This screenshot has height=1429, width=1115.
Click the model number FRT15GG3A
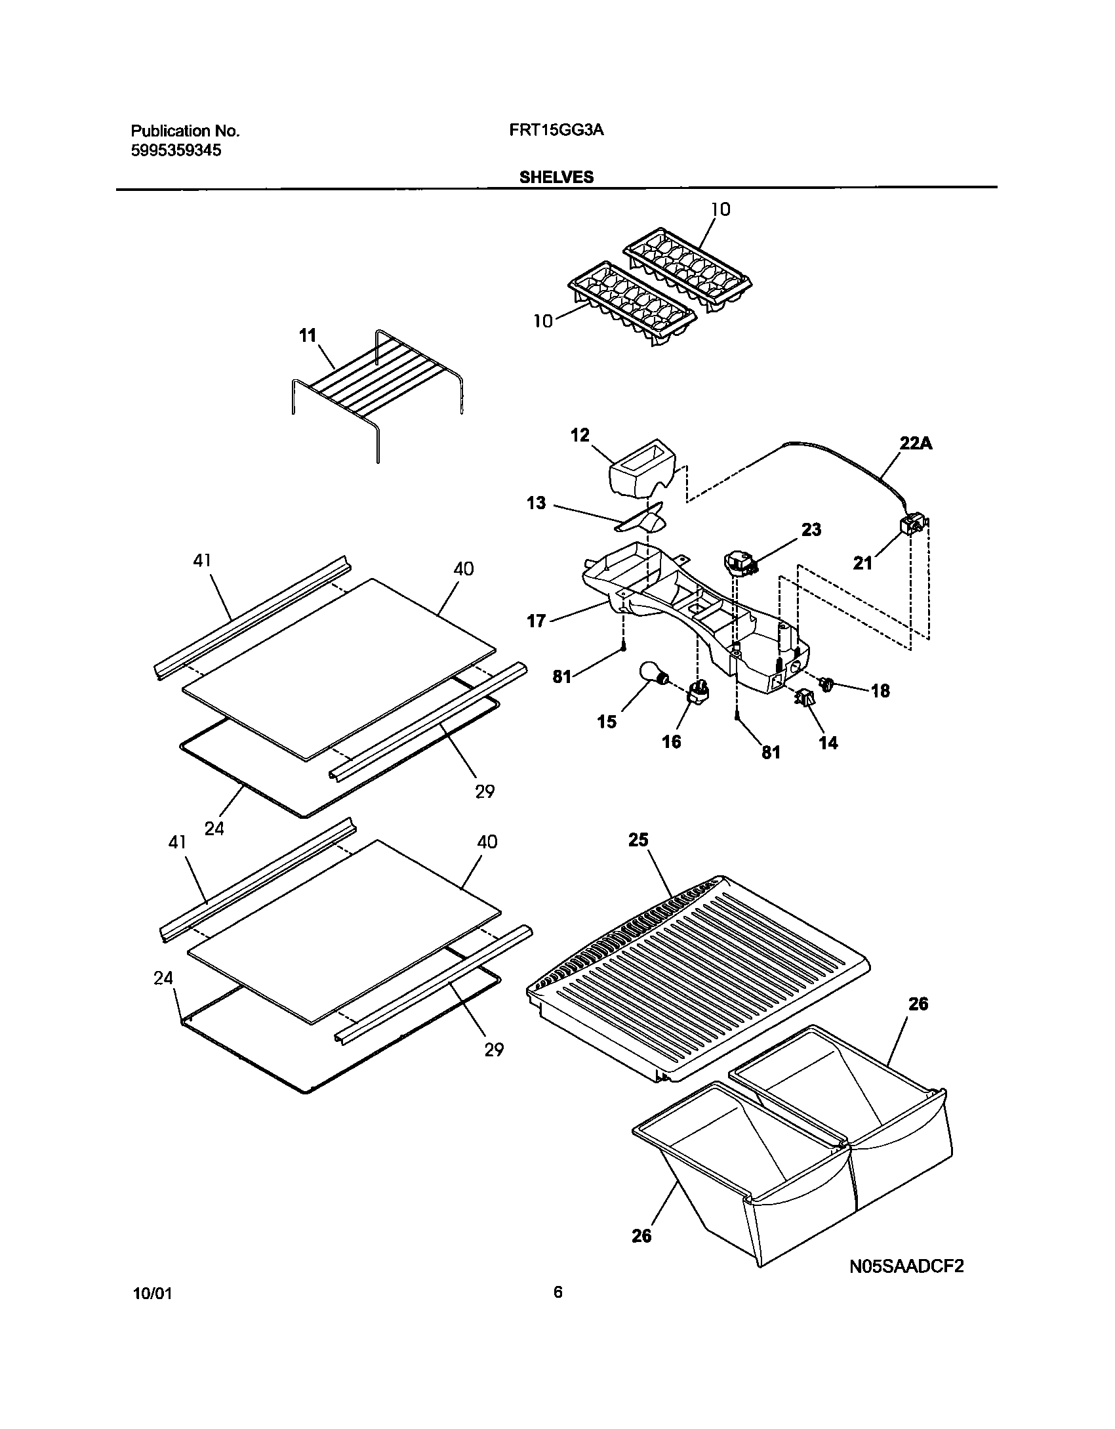click(x=556, y=130)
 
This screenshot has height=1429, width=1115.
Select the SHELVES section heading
click(x=556, y=177)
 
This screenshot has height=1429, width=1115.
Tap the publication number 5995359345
click(x=176, y=150)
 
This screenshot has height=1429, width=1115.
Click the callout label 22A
click(x=915, y=444)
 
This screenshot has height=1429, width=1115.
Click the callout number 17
click(x=536, y=620)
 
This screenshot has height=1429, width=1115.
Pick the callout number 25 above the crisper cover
click(x=638, y=839)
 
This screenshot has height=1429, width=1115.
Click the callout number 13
click(x=536, y=503)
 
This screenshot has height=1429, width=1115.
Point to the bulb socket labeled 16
click(x=699, y=692)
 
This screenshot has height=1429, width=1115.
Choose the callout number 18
click(x=880, y=690)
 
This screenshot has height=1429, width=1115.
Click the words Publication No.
click(x=185, y=131)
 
